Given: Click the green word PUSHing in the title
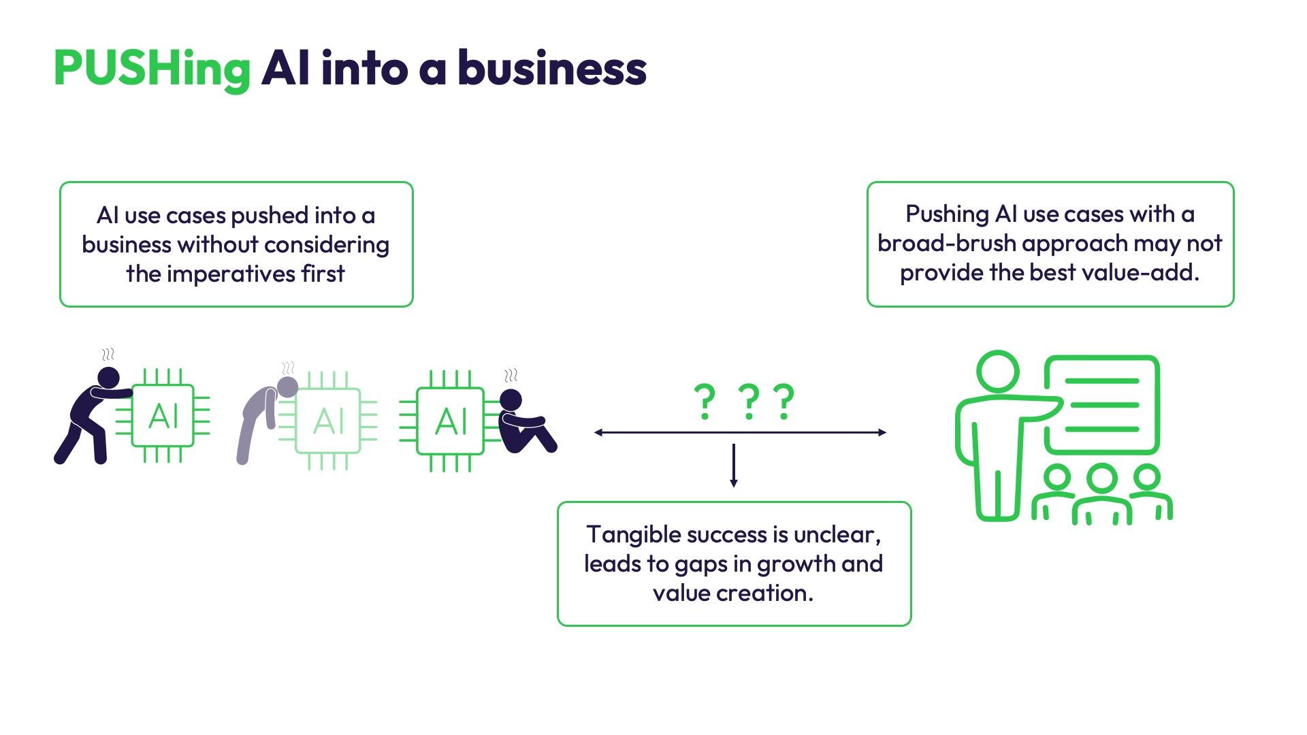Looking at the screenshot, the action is tap(152, 69).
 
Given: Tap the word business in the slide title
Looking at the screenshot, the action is tap(552, 68).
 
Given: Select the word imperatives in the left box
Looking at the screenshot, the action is tap(231, 274).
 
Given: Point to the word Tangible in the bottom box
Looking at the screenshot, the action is tap(633, 536).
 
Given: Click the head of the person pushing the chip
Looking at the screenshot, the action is tap(109, 378).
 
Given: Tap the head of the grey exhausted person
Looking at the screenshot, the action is tap(288, 387).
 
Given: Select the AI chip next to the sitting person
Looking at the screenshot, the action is tap(450, 421).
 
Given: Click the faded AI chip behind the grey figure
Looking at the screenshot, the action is tap(329, 421).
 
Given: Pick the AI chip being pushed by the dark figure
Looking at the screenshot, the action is tap(163, 416).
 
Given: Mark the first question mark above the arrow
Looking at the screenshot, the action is tap(705, 402).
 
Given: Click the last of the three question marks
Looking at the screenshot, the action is tap(784, 402).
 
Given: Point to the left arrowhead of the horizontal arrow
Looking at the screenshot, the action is tap(598, 432).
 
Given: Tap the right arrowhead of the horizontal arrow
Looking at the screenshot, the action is tap(882, 432).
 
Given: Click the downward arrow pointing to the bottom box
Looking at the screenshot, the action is tap(734, 465).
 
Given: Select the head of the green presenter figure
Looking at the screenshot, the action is tap(998, 372).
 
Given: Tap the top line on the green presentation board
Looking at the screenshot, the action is tap(1101, 381).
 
